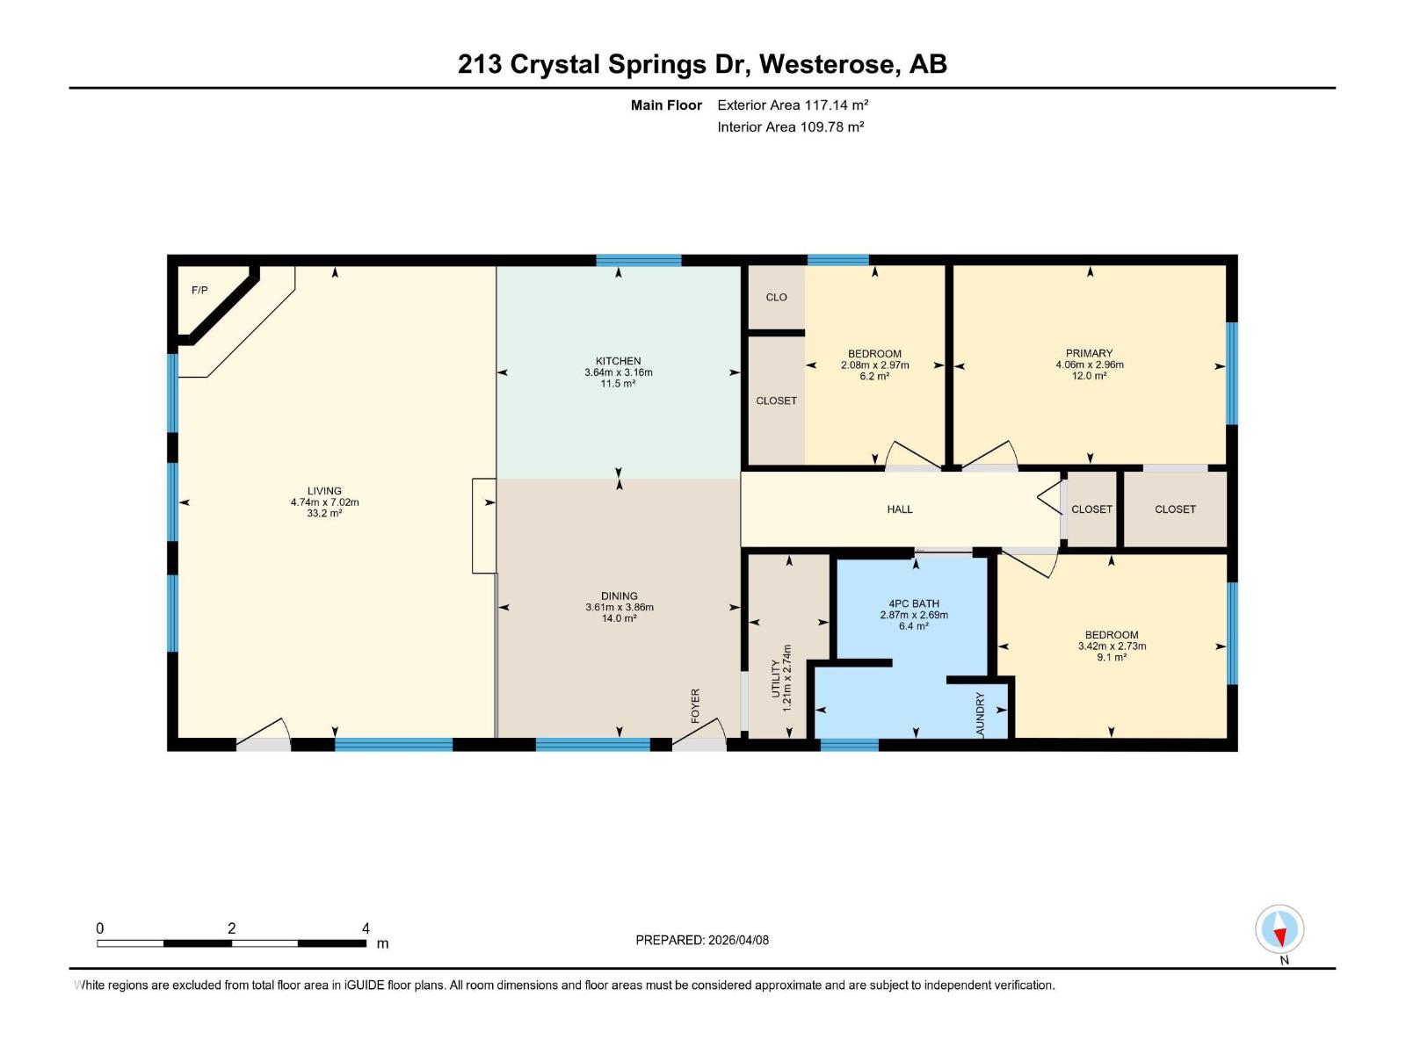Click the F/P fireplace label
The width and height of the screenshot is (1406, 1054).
[x=199, y=290]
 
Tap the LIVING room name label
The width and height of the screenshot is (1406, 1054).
[x=324, y=491]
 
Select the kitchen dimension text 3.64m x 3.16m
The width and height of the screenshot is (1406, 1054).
[x=619, y=372]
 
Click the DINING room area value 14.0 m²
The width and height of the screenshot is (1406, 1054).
[x=619, y=618]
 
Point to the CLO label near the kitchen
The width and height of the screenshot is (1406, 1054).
[x=776, y=297]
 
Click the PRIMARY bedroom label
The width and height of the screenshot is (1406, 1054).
[x=1090, y=353]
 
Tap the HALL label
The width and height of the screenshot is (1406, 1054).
[x=900, y=509]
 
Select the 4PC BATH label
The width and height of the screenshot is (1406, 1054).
[x=914, y=603]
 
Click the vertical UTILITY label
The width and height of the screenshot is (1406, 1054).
[x=776, y=678]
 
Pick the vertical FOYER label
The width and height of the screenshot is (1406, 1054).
[x=695, y=705]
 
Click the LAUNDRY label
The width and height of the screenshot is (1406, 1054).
[x=980, y=713]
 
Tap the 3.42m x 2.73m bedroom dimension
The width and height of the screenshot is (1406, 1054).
[x=1112, y=646]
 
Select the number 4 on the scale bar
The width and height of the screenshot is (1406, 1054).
[x=366, y=928]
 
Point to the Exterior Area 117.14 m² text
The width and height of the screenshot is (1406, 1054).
[x=793, y=105]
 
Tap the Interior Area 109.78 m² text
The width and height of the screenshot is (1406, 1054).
[x=790, y=126]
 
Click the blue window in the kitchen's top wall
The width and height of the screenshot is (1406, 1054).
[x=639, y=260]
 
